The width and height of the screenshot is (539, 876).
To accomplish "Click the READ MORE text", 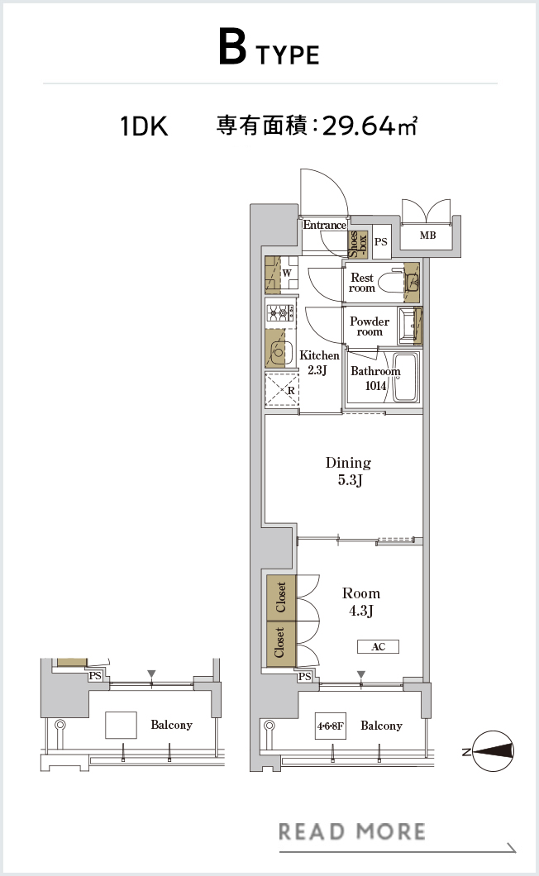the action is click(351, 831).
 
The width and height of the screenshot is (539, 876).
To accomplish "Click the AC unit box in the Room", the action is click(379, 647).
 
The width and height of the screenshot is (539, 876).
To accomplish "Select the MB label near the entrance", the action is click(427, 236).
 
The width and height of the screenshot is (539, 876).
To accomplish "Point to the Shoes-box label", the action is click(358, 244).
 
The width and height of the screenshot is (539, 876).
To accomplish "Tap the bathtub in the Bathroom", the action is click(405, 377).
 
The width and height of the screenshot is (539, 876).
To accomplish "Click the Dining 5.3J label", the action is click(348, 471).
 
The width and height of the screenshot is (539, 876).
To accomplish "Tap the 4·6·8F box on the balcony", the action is click(331, 726).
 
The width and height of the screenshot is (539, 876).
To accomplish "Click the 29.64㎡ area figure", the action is click(370, 126).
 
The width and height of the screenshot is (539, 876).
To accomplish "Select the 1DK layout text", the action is click(144, 126).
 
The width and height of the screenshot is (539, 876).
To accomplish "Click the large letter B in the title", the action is click(232, 48).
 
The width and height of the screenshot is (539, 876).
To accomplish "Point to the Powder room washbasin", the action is click(411, 326).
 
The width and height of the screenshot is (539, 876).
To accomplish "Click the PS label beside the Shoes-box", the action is click(381, 242).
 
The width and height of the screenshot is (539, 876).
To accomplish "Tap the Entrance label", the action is click(324, 225).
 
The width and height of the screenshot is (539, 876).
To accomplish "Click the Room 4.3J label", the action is click(361, 602).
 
